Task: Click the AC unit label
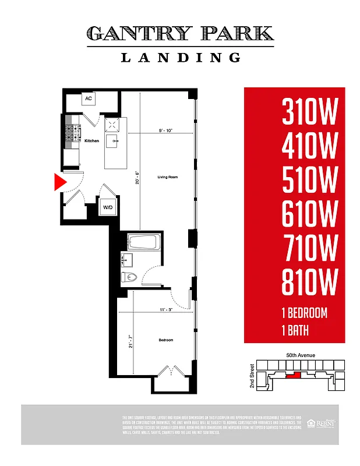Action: click(89, 98)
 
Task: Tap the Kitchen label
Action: click(91, 141)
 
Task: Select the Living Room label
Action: click(167, 176)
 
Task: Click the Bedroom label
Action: click(165, 340)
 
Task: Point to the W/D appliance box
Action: click(108, 207)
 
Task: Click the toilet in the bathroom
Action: click(129, 277)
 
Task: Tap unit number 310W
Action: click(310, 112)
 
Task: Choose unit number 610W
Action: click(310, 216)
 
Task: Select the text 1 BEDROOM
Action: click(305, 313)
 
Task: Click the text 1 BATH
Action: click(295, 331)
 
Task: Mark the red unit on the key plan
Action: click(295, 375)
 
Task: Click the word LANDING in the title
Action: click(181, 58)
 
